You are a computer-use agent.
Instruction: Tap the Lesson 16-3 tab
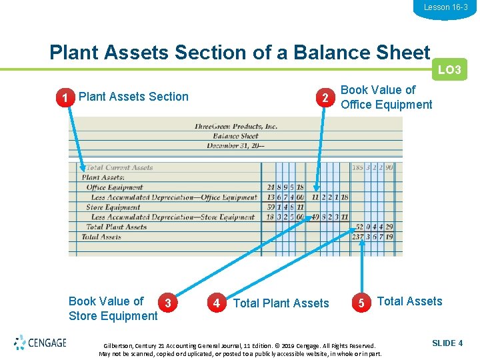445,7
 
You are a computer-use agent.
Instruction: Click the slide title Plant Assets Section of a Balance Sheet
240,52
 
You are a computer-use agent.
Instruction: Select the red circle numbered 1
64,98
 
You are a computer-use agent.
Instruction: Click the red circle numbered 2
324,98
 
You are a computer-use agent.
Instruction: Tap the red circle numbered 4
216,303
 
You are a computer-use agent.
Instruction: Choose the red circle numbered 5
361,303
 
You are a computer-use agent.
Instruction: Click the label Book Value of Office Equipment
386,97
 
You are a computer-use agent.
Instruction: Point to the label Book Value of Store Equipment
113,309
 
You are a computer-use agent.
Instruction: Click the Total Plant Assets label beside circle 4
281,303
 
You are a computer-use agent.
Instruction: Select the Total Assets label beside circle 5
409,301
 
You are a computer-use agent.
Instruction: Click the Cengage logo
40,343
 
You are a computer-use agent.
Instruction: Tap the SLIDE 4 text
447,343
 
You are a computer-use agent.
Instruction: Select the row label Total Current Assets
119,168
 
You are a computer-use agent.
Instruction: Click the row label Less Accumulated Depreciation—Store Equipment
173,217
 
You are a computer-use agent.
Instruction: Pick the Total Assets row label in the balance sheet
101,237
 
